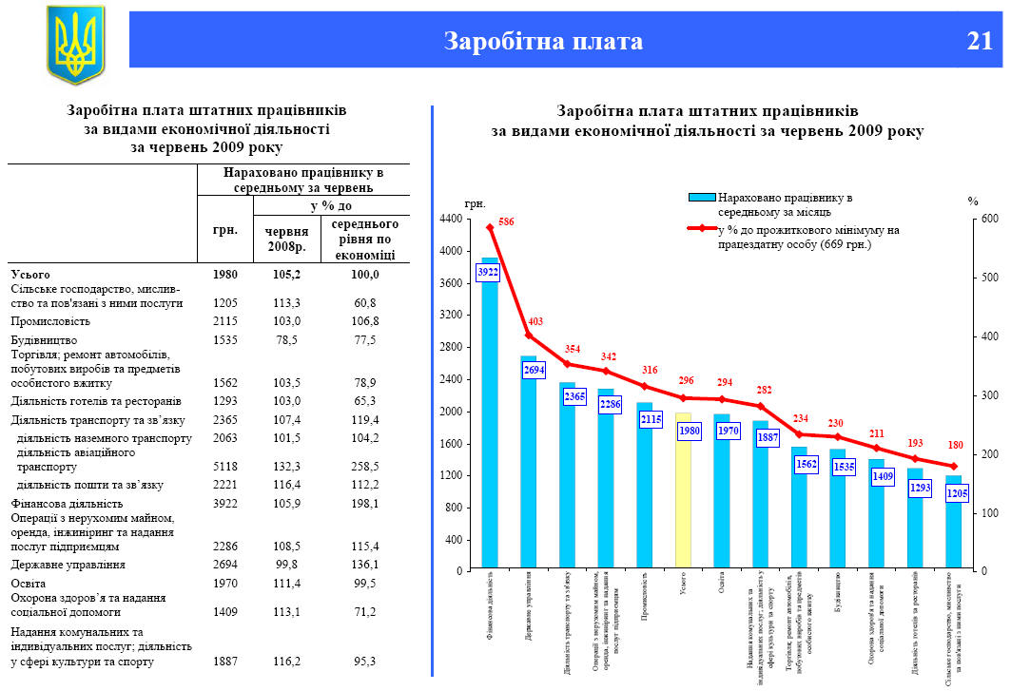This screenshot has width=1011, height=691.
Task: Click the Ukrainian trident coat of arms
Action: [x=75, y=45]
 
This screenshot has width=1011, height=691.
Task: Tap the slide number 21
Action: [x=979, y=41]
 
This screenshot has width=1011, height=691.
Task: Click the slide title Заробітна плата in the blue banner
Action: [x=543, y=41]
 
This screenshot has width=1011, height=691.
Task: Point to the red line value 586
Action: [x=506, y=221]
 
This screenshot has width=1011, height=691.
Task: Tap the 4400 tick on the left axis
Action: [x=450, y=220]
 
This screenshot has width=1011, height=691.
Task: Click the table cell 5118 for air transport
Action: [x=225, y=467]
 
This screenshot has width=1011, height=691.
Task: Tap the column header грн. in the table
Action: [x=225, y=229]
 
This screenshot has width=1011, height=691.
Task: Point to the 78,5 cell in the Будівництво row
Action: [x=286, y=339]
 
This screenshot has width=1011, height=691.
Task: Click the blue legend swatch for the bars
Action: [x=702, y=197]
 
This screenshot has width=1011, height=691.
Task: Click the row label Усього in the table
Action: [x=29, y=274]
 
